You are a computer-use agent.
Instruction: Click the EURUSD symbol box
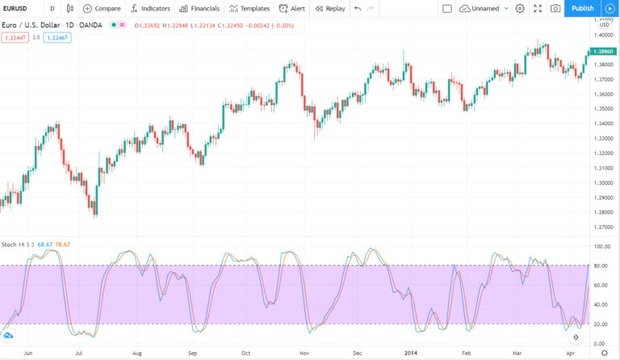(x=18, y=8)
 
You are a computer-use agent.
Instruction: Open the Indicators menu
(x=150, y=8)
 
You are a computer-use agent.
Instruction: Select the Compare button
(x=102, y=8)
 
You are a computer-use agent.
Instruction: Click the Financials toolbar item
(x=199, y=8)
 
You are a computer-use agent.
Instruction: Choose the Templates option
(x=249, y=8)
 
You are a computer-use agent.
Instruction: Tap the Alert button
(x=291, y=8)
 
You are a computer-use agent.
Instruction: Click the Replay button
(x=329, y=8)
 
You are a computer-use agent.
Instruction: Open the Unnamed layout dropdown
(x=484, y=8)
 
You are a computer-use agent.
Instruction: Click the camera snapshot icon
(x=555, y=8)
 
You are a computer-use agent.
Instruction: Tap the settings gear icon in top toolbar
(x=519, y=8)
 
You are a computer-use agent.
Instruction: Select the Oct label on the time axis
(x=246, y=353)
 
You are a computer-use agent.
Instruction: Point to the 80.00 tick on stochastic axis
(x=600, y=266)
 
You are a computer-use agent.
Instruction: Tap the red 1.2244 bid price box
(x=15, y=37)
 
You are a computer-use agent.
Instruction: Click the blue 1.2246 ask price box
(x=57, y=37)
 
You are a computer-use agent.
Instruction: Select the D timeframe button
(x=52, y=8)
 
